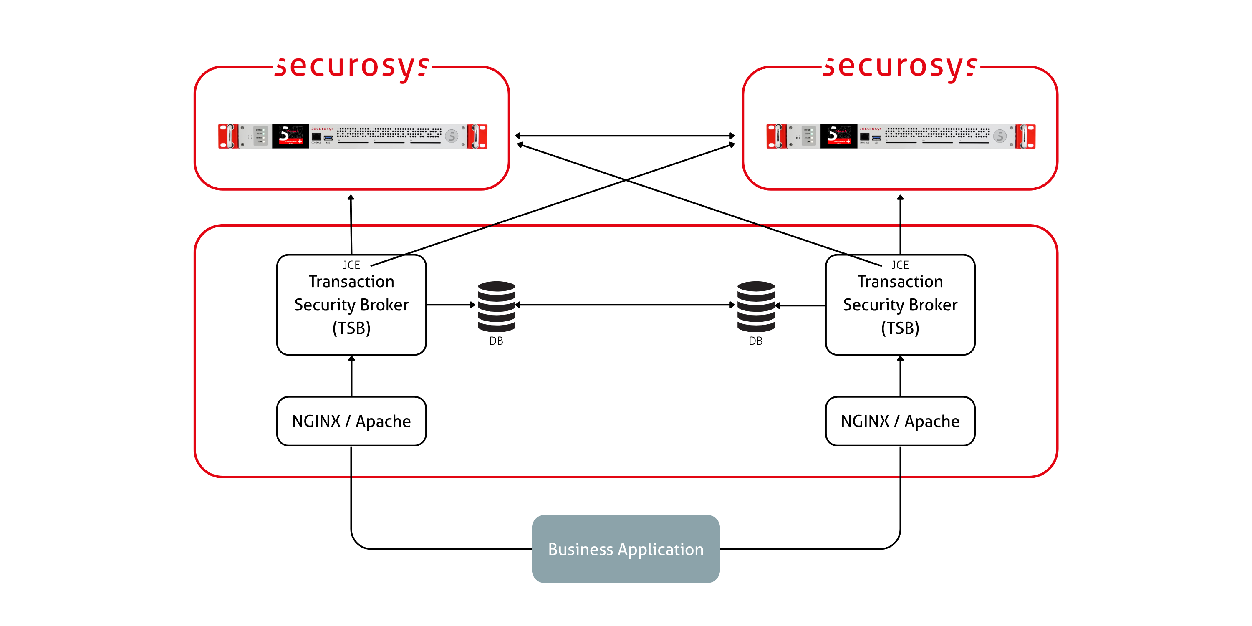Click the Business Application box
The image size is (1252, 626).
click(x=626, y=549)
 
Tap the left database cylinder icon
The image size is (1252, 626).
click(x=496, y=306)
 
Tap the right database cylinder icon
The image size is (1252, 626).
click(x=756, y=306)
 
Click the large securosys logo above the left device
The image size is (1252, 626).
click(x=352, y=67)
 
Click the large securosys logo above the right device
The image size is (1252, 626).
click(x=901, y=67)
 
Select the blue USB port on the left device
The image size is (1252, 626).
click(x=328, y=138)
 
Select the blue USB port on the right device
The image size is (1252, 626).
click(x=877, y=138)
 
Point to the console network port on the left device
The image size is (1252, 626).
click(x=316, y=136)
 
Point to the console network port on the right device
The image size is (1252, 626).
click(x=865, y=136)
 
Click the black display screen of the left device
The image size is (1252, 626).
click(x=290, y=136)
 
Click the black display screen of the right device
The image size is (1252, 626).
click(x=839, y=136)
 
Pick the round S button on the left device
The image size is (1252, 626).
click(x=452, y=136)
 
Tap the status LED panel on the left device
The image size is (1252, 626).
click(x=260, y=136)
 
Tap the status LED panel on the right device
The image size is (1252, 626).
click(x=808, y=136)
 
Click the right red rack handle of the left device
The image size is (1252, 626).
click(x=478, y=136)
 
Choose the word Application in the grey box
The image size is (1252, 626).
click(x=661, y=549)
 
